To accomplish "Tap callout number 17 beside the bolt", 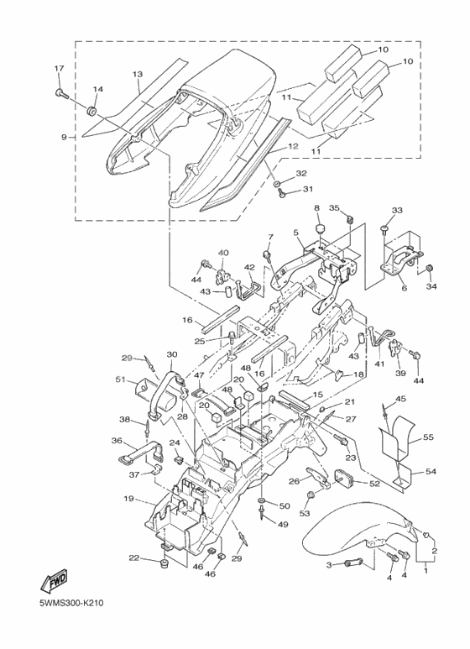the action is (59, 68).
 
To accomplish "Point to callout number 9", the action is (64, 137).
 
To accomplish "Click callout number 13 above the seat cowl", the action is (138, 74).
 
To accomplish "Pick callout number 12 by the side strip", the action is (293, 146).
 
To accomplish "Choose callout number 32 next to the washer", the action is (300, 174).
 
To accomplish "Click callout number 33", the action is (397, 210).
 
